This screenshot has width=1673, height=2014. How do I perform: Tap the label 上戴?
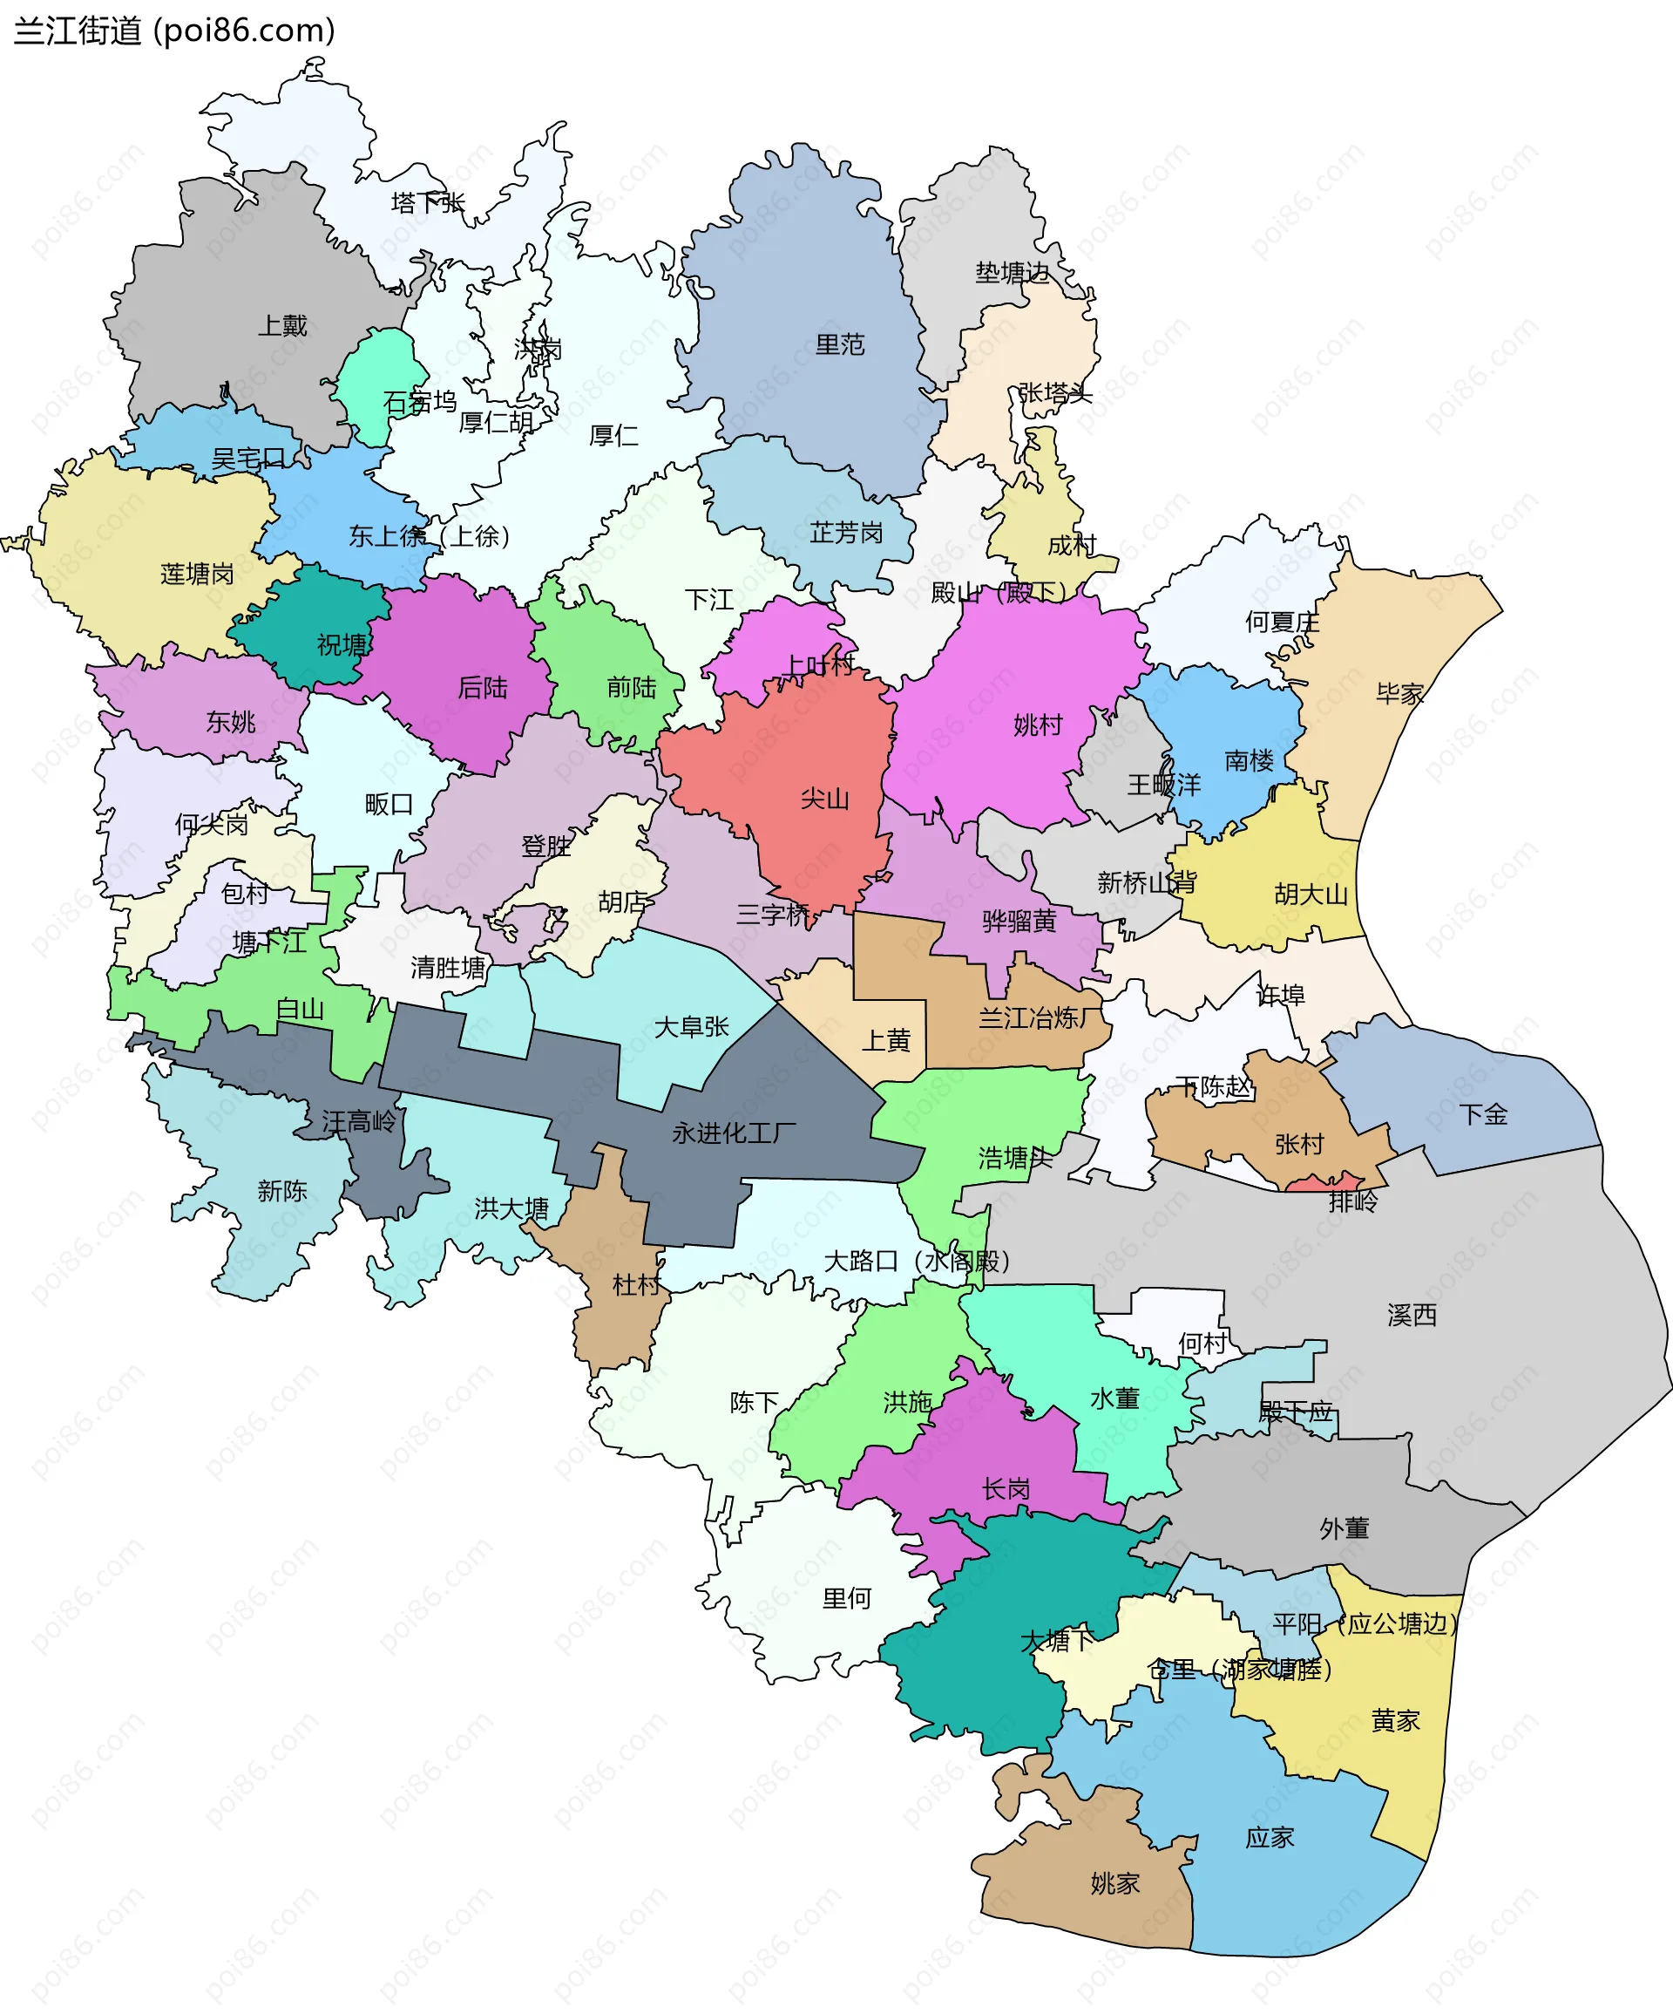(x=283, y=326)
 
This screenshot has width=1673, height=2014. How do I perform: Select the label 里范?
(x=840, y=345)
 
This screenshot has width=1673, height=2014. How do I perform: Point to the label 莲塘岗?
(x=197, y=575)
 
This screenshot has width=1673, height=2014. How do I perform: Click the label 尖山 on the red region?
(x=824, y=799)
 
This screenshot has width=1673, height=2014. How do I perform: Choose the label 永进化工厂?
(x=735, y=1133)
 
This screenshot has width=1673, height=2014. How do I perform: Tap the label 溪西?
(x=1412, y=1315)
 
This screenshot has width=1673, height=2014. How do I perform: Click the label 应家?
(x=1270, y=1838)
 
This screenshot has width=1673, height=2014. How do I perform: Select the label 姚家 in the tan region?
(x=1115, y=1883)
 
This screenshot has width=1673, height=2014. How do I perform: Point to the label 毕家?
(x=1399, y=693)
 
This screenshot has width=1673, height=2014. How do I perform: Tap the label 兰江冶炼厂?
(x=1040, y=1018)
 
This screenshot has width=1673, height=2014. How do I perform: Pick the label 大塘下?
(x=1057, y=1641)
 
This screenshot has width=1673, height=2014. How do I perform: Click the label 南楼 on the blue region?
(x=1250, y=760)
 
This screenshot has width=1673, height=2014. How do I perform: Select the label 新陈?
(x=281, y=1191)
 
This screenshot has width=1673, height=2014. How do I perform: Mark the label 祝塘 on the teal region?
(x=342, y=644)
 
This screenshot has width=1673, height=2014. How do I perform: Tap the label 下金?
(x=1483, y=1114)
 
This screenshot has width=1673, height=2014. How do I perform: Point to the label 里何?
(x=847, y=1598)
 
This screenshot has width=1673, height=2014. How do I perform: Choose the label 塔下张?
(x=428, y=202)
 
